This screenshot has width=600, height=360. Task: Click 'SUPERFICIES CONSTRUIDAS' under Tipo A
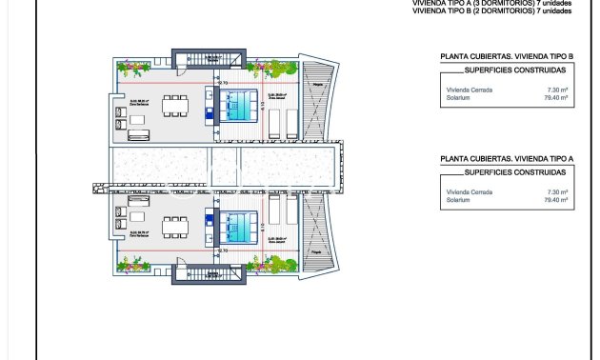pyautogui.click(x=514, y=172)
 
